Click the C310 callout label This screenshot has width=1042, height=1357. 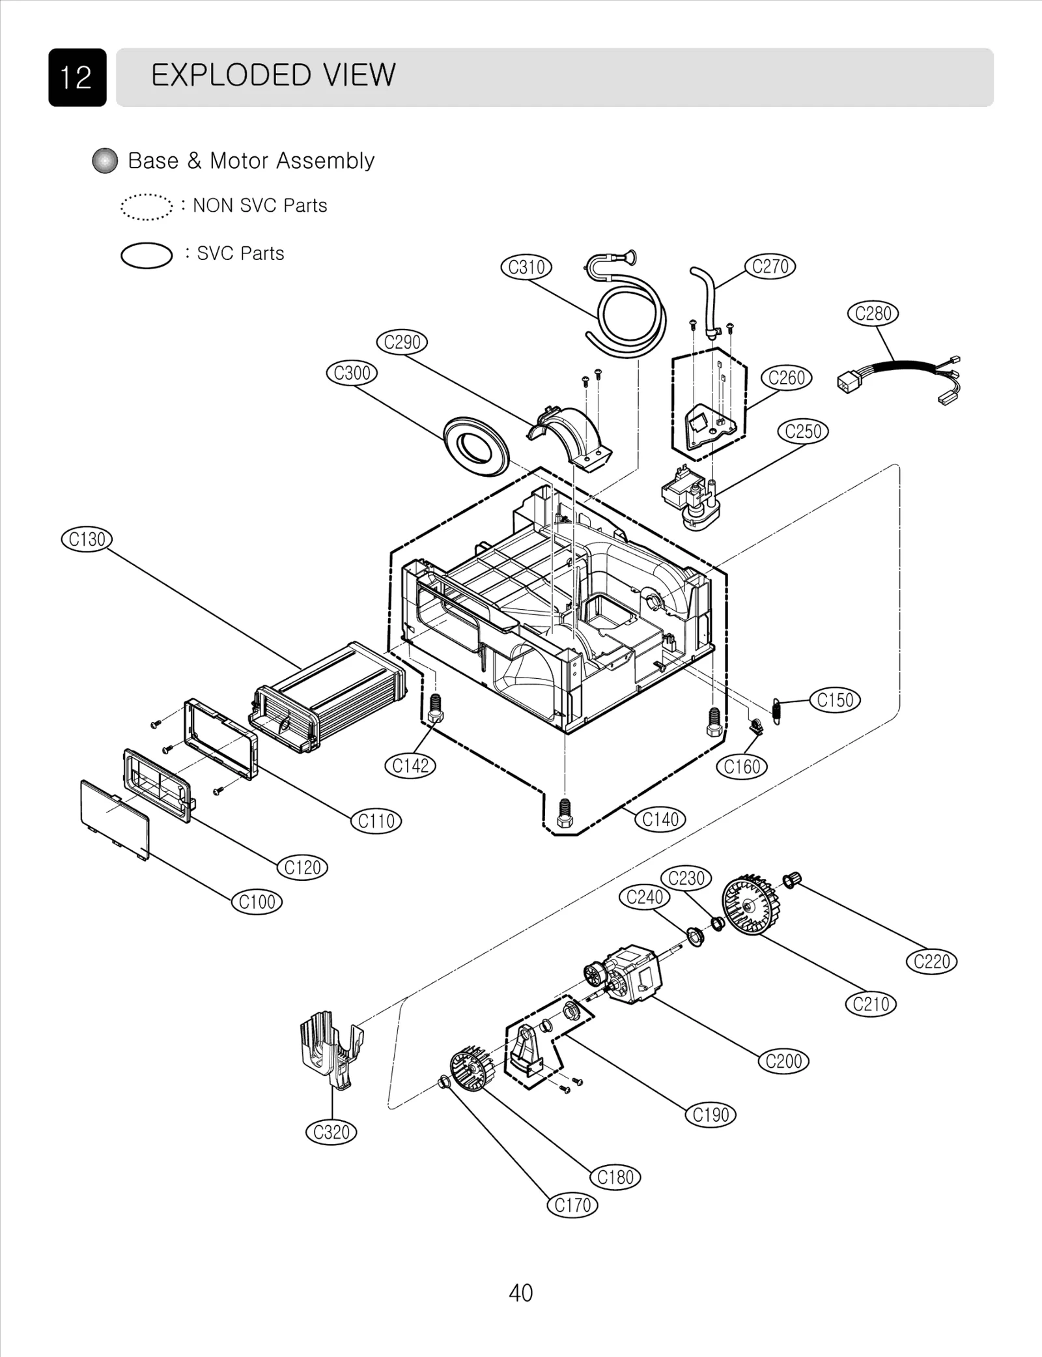[526, 267]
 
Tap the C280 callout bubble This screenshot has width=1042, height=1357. [873, 313]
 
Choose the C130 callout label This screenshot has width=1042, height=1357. [87, 539]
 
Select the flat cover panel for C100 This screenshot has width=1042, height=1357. [115, 819]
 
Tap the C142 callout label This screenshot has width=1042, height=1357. [410, 765]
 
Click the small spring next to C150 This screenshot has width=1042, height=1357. [776, 709]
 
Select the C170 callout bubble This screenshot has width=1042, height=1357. [572, 1205]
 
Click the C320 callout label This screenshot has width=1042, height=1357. [331, 1132]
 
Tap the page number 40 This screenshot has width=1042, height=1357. [520, 1293]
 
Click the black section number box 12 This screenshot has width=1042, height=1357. [77, 78]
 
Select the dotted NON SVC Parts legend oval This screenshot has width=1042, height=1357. [147, 207]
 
